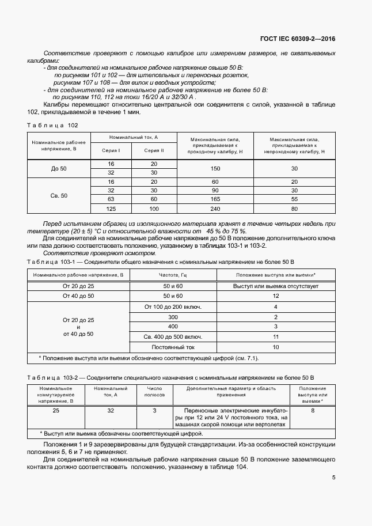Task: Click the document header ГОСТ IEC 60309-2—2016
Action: tap(297, 39)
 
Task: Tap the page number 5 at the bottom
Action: tap(334, 478)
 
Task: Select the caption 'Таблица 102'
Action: tap(52, 125)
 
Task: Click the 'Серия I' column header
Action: tap(111, 150)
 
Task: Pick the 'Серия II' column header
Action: tap(154, 150)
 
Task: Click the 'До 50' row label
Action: tap(59, 168)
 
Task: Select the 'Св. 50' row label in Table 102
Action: tap(59, 195)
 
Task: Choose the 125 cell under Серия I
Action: tap(111, 209)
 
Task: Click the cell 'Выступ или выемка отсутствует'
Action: tap(276, 286)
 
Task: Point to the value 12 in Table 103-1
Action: tap(276, 296)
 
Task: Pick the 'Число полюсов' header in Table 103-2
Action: tap(154, 392)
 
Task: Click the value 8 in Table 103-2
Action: tap(313, 411)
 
